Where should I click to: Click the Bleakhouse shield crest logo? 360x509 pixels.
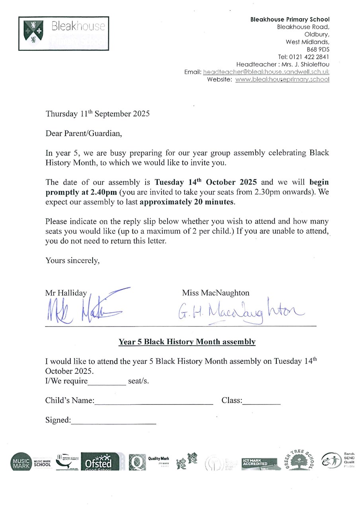pos(33,32)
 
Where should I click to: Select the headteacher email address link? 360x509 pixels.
pos(266,72)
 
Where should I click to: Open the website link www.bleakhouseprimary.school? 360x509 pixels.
pos(282,80)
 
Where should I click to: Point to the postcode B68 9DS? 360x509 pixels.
pos(318,49)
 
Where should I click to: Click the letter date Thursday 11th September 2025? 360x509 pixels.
pos(97,114)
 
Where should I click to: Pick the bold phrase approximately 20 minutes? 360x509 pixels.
pos(187,202)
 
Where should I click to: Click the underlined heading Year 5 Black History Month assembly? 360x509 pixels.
pos(187,342)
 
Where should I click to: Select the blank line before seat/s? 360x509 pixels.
pos(107,384)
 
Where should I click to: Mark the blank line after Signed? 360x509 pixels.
pos(113,423)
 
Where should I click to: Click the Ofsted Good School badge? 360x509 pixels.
pos(100,462)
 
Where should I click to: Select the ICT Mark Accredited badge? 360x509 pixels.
pos(259,463)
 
